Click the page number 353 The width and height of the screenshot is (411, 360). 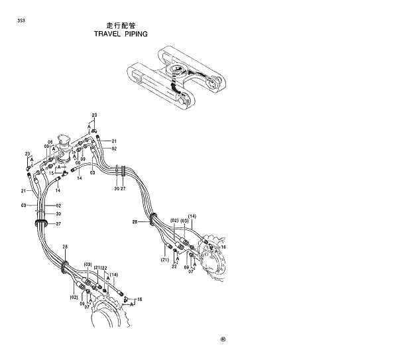coord(22,23)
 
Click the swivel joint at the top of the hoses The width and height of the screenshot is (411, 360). coord(65,148)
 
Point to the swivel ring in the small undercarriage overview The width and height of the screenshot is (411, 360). coord(178,72)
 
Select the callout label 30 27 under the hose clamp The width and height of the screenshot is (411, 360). coord(119,190)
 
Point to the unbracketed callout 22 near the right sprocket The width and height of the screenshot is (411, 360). coord(174,267)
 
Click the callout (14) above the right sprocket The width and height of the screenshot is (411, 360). coord(192,217)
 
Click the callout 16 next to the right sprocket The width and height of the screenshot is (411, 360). coord(223,247)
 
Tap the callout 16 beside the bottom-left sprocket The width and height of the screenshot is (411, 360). coord(139,300)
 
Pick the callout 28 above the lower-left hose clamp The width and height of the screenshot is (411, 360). coord(65,247)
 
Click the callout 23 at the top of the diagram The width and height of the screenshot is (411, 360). coord(94,116)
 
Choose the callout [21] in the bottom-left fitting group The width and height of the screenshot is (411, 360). coord(97,268)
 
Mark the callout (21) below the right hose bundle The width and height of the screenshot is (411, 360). coord(164,260)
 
